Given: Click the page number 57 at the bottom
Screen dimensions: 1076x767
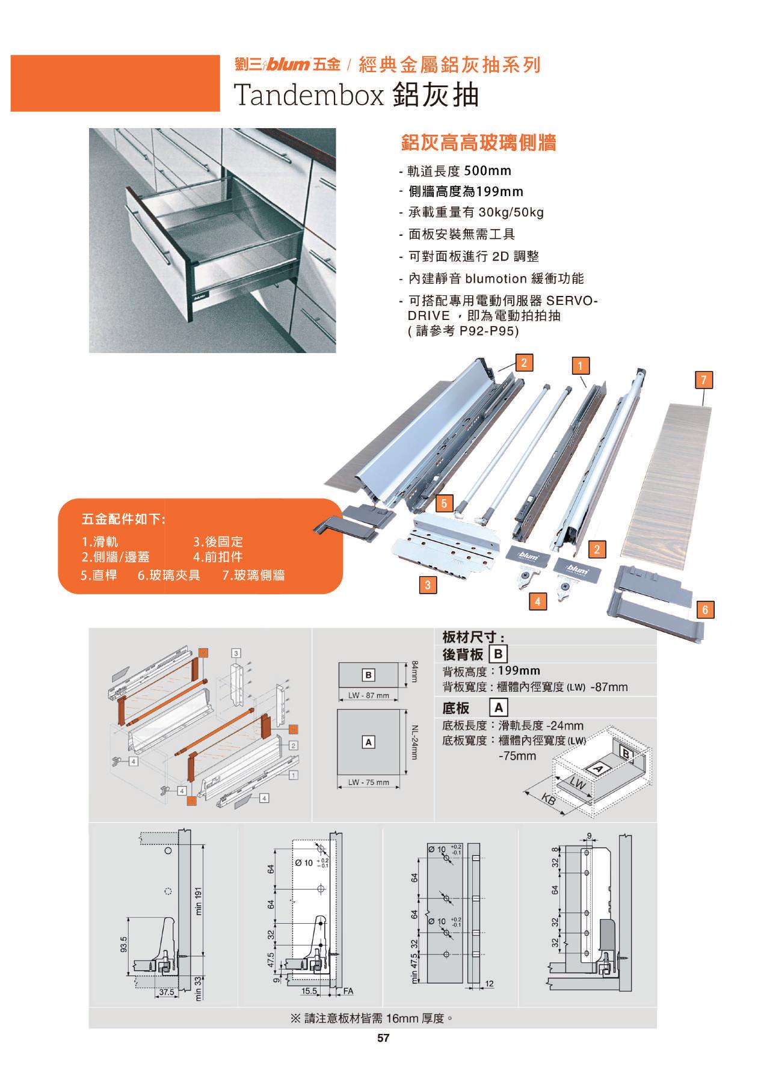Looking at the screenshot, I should point(383,1038).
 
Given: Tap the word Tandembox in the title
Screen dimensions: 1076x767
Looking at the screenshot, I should point(308,95).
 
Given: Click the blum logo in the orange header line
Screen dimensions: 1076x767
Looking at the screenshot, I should point(289,65).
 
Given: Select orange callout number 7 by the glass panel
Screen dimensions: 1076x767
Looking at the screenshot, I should point(703,380).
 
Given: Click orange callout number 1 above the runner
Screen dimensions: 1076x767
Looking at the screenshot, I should point(581,366).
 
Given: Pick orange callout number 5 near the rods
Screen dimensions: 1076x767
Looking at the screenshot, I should point(444,503).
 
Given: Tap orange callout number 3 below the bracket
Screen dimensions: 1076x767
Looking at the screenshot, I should point(427,585).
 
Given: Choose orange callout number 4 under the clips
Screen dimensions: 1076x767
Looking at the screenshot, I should point(537,601).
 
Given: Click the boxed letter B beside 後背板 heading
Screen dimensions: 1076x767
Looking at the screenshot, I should point(499,654).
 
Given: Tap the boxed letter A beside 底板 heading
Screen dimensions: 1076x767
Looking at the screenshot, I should point(499,707).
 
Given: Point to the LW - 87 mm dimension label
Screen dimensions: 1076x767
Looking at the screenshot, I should point(369,696).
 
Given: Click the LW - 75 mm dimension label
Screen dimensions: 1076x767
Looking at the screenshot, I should point(369,782).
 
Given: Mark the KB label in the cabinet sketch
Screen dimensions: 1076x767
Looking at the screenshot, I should point(548,801).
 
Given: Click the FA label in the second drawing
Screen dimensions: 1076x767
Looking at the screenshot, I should point(348,991).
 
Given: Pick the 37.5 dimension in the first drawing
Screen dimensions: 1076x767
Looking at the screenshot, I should point(167,992).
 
